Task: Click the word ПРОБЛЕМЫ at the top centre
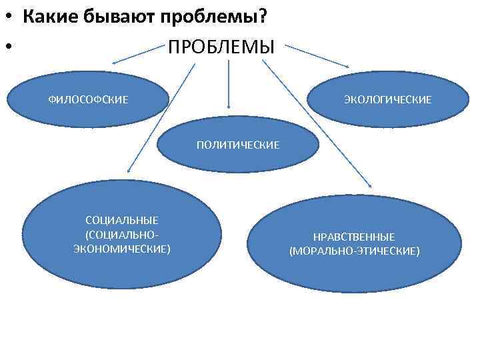coord(221,48)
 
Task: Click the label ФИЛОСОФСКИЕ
coord(88,99)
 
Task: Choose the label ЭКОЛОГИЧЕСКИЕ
coord(387,99)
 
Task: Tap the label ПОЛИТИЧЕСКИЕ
coord(238,144)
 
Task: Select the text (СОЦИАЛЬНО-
coord(122,234)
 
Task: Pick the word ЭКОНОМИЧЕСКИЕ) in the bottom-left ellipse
coord(122,249)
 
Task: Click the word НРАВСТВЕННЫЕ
coord(354,237)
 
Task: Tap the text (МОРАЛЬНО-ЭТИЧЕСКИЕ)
coord(354,251)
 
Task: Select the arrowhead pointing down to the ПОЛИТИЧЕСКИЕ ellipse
coord(229,105)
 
